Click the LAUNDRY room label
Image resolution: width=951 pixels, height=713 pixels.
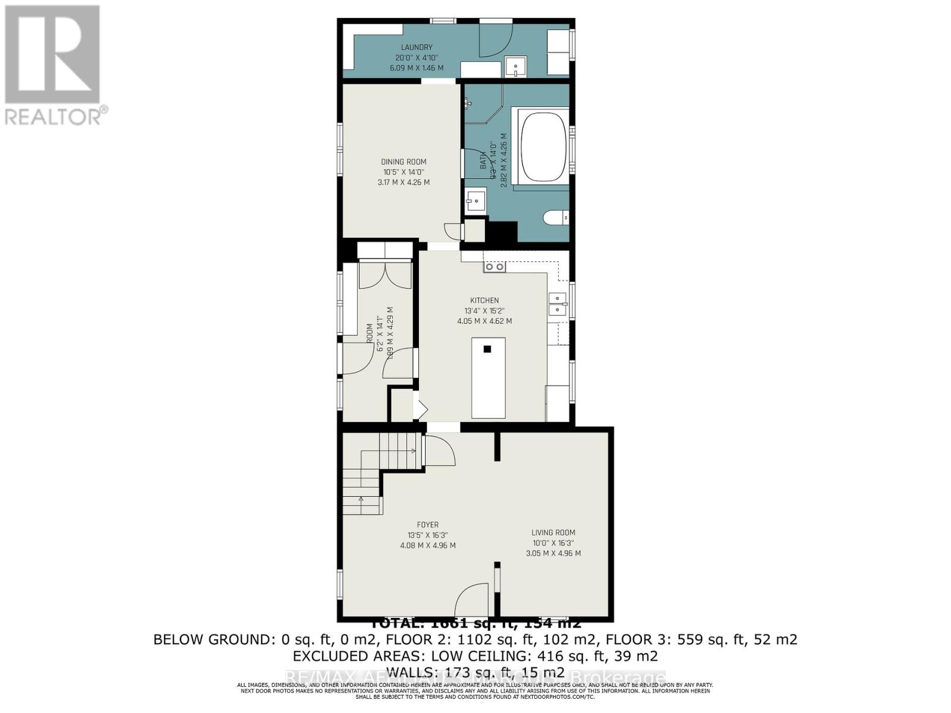tap(416, 48)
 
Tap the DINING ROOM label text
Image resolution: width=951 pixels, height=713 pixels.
tap(404, 162)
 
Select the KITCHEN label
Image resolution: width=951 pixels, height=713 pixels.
tap(484, 301)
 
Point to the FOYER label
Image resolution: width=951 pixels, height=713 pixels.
tap(427, 525)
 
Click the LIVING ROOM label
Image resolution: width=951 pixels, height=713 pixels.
tap(553, 532)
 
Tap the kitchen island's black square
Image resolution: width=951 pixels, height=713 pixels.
tap(487, 349)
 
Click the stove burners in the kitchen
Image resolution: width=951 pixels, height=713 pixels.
tap(495, 267)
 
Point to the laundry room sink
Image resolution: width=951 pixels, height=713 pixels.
tap(515, 66)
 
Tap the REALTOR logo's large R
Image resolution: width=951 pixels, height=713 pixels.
tap(52, 55)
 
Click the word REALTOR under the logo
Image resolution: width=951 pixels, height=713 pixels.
tap(53, 116)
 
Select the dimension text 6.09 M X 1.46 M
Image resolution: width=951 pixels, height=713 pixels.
tap(416, 68)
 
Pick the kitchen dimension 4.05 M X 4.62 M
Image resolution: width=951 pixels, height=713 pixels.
tap(484, 321)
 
